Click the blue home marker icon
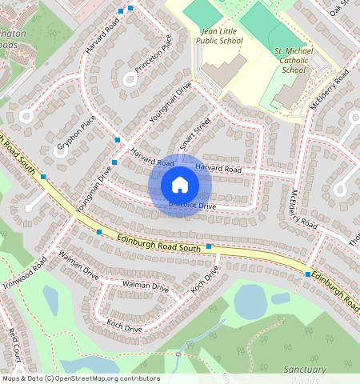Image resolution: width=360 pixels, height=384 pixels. (x=180, y=185)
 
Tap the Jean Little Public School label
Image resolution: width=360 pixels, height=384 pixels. (x=219, y=35)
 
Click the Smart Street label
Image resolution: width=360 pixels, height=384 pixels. (x=195, y=133)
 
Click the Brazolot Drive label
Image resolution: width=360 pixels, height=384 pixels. (x=192, y=206)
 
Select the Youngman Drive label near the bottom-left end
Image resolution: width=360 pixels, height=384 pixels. (x=94, y=191)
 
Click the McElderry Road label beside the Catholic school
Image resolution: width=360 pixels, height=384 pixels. (x=330, y=92)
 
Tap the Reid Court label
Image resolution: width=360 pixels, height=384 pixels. (x=14, y=342)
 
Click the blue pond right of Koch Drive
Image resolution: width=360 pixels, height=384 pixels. (x=250, y=302)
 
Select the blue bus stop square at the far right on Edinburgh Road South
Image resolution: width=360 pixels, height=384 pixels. (x=308, y=274)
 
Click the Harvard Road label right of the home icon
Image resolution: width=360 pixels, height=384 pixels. (x=218, y=169)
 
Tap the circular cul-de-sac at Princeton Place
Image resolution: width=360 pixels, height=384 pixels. (x=130, y=78)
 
